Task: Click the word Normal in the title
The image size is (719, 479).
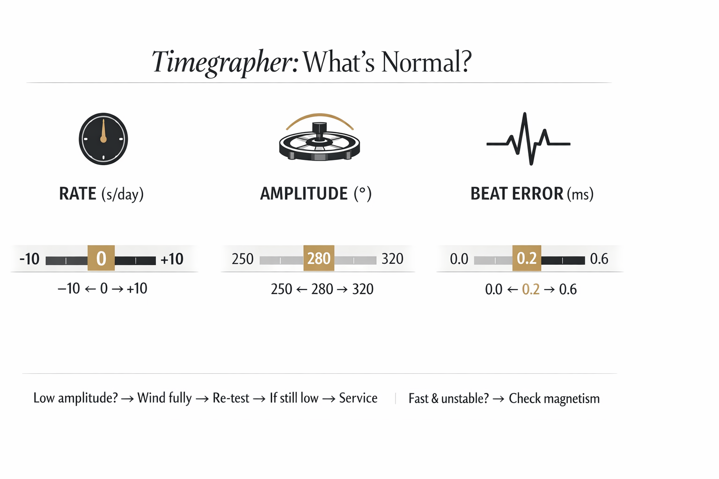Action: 426,62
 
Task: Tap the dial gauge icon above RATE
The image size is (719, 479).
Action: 103,139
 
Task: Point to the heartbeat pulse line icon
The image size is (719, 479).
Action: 528,139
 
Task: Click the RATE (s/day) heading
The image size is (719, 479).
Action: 101,194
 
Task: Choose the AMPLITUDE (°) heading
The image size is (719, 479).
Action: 315,194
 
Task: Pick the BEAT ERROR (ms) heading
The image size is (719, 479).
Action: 532,194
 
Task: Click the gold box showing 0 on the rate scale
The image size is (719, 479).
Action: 101,258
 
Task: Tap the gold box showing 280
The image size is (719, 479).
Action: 319,258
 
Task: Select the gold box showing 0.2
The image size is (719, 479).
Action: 527,258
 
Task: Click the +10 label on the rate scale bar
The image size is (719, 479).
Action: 172,259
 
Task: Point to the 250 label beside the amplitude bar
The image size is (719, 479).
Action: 242,259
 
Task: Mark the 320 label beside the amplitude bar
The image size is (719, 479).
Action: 392,259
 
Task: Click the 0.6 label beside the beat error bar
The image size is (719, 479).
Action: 599,259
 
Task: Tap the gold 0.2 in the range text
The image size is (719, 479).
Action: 531,289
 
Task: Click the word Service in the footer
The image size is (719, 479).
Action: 358,398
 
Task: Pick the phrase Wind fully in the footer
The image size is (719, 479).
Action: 164,398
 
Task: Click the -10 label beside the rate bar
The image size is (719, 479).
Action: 29,259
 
